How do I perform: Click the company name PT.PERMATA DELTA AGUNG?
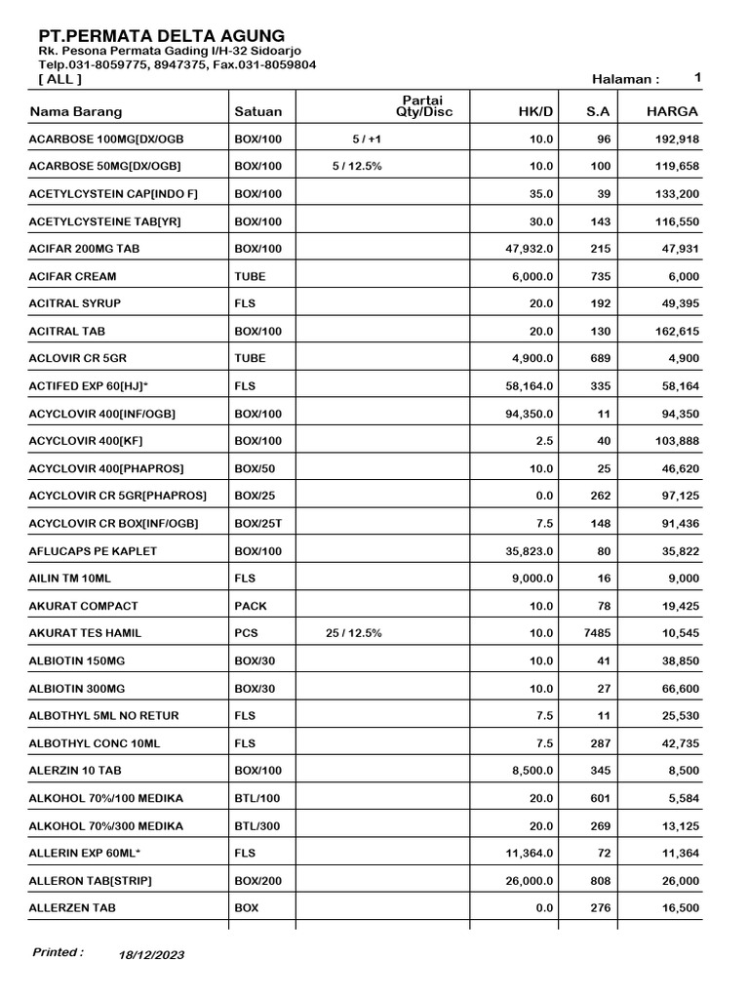[162, 35]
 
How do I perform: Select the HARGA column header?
[672, 111]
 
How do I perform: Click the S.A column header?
[598, 111]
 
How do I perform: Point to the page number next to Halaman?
[697, 77]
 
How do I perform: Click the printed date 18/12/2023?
[151, 955]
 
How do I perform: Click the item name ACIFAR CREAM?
[73, 277]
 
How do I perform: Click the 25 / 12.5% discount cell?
[357, 633]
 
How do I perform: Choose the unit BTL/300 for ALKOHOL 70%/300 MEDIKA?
[257, 825]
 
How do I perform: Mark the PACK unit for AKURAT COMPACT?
[251, 606]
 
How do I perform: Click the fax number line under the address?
[177, 64]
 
